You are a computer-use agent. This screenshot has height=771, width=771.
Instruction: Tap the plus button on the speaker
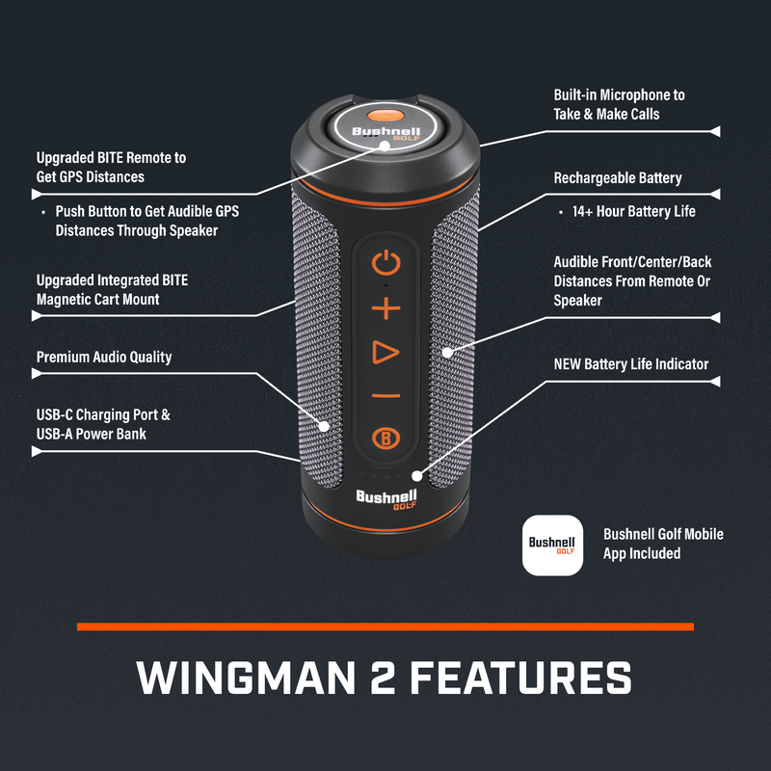coord(385,309)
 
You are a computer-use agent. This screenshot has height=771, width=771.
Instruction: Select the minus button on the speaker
coord(385,395)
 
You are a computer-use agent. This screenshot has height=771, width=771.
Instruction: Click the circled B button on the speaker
coord(385,437)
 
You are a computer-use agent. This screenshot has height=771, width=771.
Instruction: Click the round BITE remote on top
coord(384,132)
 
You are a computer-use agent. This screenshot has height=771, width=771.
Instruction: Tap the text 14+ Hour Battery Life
coord(633,211)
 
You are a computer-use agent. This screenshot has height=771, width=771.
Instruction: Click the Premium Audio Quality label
coord(104,358)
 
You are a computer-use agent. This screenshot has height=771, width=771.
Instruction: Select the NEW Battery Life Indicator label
coord(631,364)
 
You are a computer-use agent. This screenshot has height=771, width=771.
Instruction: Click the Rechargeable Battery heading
coord(618,178)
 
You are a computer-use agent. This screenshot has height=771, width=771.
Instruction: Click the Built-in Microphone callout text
coord(619,104)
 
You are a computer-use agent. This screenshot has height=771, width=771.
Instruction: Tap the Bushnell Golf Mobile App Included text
coord(663,544)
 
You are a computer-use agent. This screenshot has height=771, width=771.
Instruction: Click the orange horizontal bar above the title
coord(385,626)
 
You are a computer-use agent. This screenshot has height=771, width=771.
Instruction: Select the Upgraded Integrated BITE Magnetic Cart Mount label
coord(112,289)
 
